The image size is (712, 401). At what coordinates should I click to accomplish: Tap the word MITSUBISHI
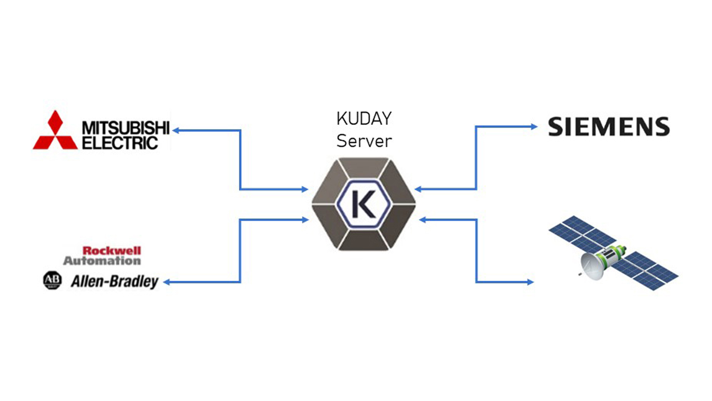[x=125, y=128]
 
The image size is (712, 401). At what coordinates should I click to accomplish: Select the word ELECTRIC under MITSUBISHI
[x=119, y=143]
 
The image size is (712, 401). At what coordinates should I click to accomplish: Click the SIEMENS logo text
[x=609, y=127]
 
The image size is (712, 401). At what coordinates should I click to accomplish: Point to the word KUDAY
[x=364, y=119]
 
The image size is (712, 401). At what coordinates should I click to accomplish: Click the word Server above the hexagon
[x=364, y=141]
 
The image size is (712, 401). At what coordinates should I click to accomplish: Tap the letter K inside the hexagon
[x=363, y=204]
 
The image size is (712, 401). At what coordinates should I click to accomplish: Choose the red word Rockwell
[x=112, y=251]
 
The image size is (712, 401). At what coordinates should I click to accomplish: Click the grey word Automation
[x=102, y=261]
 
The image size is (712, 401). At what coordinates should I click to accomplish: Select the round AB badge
[x=52, y=280]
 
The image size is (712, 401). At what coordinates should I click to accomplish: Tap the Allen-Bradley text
[x=115, y=281]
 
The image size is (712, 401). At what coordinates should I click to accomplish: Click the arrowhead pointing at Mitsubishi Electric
[x=176, y=130]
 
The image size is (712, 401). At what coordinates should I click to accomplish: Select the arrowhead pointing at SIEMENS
[x=534, y=127]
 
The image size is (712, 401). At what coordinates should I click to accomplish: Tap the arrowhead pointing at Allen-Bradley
[x=167, y=282]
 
